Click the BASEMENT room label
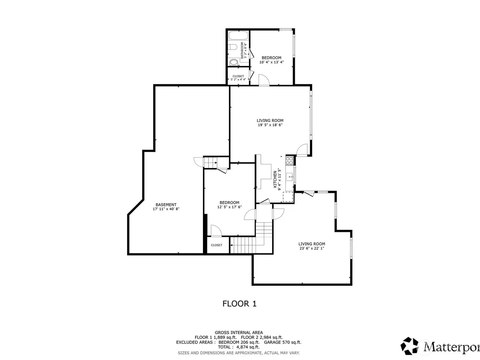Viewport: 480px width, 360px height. [x=166, y=205]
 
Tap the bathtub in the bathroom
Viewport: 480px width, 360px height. [x=238, y=36]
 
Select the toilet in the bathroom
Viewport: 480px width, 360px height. [x=232, y=47]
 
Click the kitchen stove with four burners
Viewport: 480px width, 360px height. [x=289, y=160]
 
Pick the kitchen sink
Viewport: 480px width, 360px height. [x=290, y=177]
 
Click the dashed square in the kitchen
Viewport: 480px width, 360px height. [x=288, y=197]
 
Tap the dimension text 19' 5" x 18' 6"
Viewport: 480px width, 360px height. [x=270, y=125]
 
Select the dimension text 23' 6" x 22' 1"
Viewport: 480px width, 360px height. [x=312, y=248]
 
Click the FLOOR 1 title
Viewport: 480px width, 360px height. [x=240, y=304]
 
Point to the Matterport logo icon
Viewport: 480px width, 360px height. [x=409, y=346]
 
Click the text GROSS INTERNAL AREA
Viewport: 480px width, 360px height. [x=239, y=333]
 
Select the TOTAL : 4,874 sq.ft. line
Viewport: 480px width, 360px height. [x=239, y=347]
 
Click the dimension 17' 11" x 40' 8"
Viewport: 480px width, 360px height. [x=166, y=209]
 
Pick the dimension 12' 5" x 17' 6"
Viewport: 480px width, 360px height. [x=229, y=207]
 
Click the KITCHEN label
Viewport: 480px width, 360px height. [x=275, y=179]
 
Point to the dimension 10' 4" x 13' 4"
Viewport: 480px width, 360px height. [x=271, y=62]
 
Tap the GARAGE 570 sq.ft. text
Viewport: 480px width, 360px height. [x=282, y=342]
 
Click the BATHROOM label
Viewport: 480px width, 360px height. [x=242, y=50]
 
